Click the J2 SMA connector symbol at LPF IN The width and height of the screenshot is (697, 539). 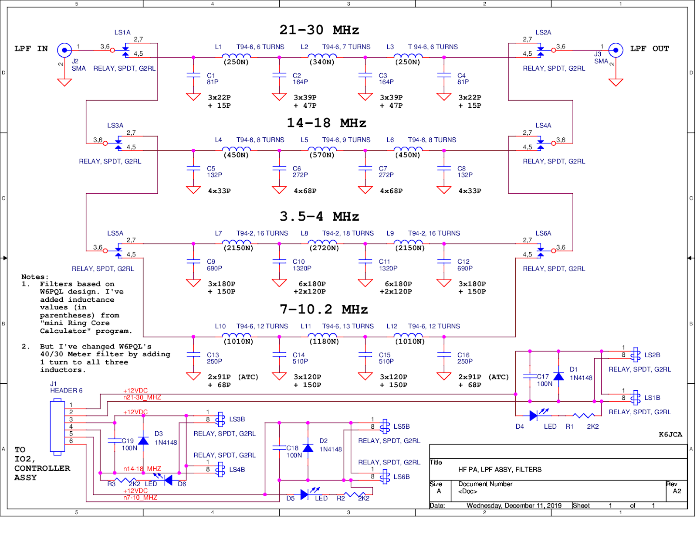[x=64, y=50]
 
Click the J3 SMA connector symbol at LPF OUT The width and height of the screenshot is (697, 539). [x=615, y=50]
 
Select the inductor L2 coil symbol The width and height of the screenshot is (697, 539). [x=322, y=56]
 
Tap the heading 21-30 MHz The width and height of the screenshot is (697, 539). [x=319, y=30]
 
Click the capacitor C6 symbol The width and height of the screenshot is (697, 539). [x=279, y=168]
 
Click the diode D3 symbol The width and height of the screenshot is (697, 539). [x=143, y=440]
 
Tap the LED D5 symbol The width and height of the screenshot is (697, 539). [x=305, y=495]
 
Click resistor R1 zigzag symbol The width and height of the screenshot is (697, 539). [x=583, y=416]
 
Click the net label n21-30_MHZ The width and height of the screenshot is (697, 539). [x=142, y=397]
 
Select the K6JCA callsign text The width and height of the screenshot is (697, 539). [x=670, y=434]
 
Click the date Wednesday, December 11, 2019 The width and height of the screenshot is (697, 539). [x=514, y=505]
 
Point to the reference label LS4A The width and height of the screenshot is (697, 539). [x=543, y=126]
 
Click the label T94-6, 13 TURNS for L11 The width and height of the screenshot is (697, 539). [x=348, y=326]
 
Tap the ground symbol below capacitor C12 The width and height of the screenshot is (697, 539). [x=444, y=283]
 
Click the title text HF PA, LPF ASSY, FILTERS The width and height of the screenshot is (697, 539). [x=500, y=470]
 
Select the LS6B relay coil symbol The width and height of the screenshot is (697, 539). [x=385, y=477]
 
